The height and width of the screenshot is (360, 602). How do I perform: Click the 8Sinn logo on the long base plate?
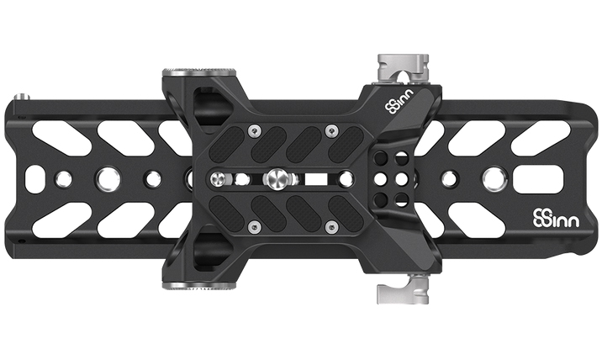557,219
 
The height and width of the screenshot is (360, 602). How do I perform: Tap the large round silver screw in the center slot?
277,179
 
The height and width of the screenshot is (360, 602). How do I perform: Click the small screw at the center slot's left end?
219,179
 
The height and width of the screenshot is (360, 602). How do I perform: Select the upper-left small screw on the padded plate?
252,131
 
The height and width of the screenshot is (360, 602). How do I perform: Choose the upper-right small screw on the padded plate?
330,131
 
